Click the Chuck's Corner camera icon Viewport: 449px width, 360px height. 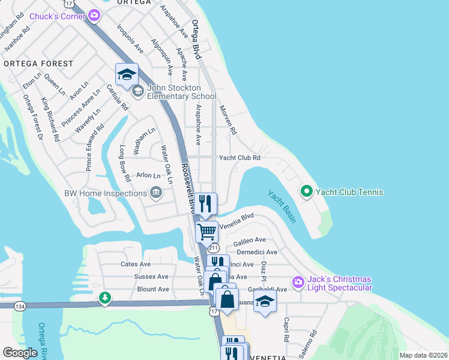[x=94, y=14]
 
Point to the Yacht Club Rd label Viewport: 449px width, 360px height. [x=240, y=158]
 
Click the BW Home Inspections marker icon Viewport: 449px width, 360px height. [x=156, y=193]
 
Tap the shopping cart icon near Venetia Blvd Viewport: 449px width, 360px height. [x=207, y=230]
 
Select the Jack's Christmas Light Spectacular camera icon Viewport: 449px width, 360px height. [x=298, y=281]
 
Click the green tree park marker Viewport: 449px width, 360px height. [x=105, y=298]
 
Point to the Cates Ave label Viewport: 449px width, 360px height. [x=136, y=264]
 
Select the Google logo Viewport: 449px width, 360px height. [x=20, y=353]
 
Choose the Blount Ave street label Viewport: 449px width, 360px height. [x=136, y=289]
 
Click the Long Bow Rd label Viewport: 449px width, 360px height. [x=124, y=163]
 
